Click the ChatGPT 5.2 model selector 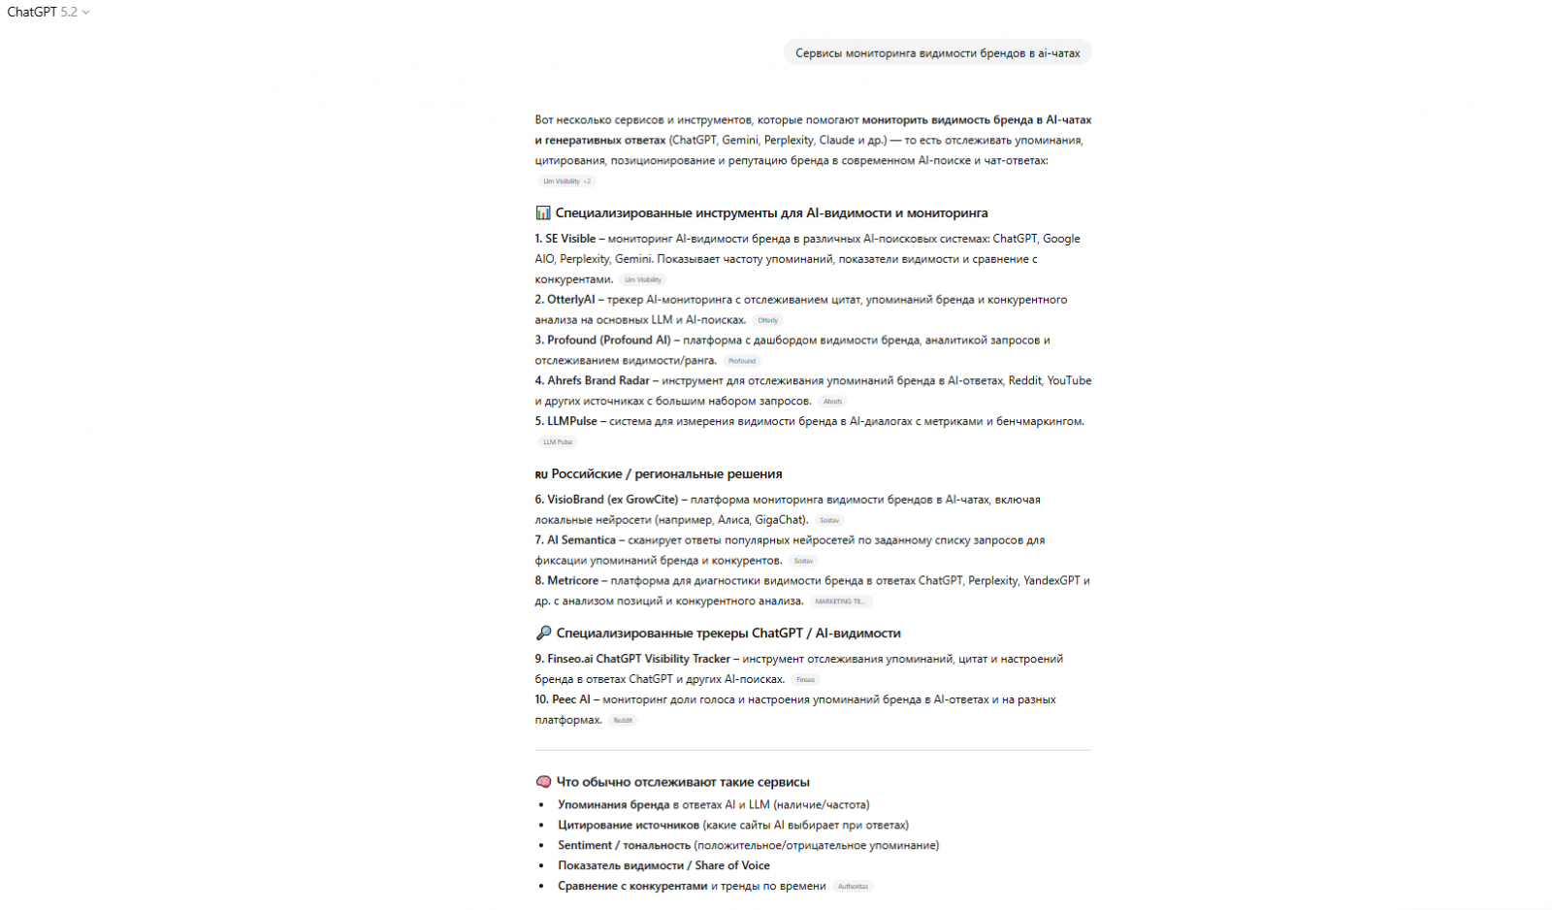click(48, 13)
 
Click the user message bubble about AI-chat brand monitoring click(937, 53)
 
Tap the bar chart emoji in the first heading click(543, 212)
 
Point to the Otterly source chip click(768, 320)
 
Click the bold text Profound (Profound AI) click(608, 341)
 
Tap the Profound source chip click(742, 361)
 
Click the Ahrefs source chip click(832, 402)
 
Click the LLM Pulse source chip click(558, 442)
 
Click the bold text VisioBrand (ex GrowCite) click(612, 500)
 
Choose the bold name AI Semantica click(581, 540)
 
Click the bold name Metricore click(572, 581)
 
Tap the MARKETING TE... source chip click(840, 601)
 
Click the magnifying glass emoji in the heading click(543, 634)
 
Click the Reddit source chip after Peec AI click(623, 720)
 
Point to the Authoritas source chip click(853, 887)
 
